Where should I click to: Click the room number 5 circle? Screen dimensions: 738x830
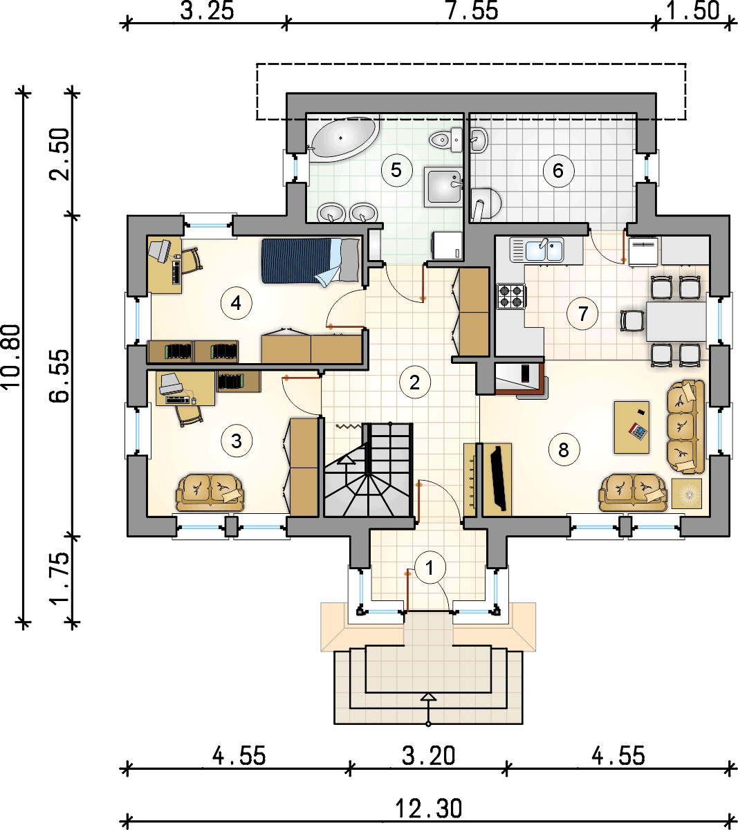click(396, 170)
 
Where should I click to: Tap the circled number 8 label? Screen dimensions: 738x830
click(564, 450)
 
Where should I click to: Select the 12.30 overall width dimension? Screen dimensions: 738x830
click(429, 809)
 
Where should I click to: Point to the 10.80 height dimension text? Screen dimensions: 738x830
click(11, 356)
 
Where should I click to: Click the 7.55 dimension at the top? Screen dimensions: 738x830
click(472, 11)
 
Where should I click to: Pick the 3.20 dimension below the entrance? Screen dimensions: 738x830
click(429, 756)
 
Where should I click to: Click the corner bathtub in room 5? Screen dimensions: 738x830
click(343, 139)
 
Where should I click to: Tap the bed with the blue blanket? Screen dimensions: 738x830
click(311, 261)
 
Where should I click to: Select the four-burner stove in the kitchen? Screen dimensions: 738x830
click(511, 296)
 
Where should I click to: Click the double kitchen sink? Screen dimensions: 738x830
click(537, 249)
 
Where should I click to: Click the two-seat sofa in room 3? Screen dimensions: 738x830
click(210, 492)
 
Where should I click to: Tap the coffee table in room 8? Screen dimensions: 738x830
click(631, 427)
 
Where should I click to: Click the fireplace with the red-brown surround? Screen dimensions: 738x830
click(522, 380)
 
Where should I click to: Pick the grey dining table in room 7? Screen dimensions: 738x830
click(676, 322)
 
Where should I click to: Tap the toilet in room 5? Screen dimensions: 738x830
click(446, 140)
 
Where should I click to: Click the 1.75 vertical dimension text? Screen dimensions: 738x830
click(60, 579)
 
